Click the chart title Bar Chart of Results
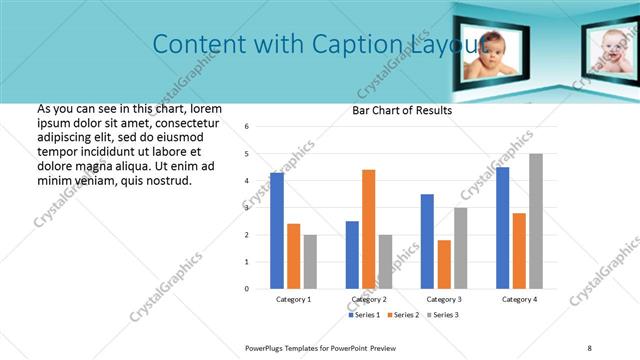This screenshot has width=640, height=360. click(402, 110)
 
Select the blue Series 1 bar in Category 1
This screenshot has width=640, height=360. click(277, 231)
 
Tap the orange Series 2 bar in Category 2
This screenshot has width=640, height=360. click(368, 229)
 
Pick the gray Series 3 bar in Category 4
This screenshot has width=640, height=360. click(536, 221)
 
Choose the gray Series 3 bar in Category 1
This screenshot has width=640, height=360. click(310, 262)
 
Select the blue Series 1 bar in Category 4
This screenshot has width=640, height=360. click(502, 228)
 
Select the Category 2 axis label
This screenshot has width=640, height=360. click(368, 299)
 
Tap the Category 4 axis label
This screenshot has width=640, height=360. click(519, 299)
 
